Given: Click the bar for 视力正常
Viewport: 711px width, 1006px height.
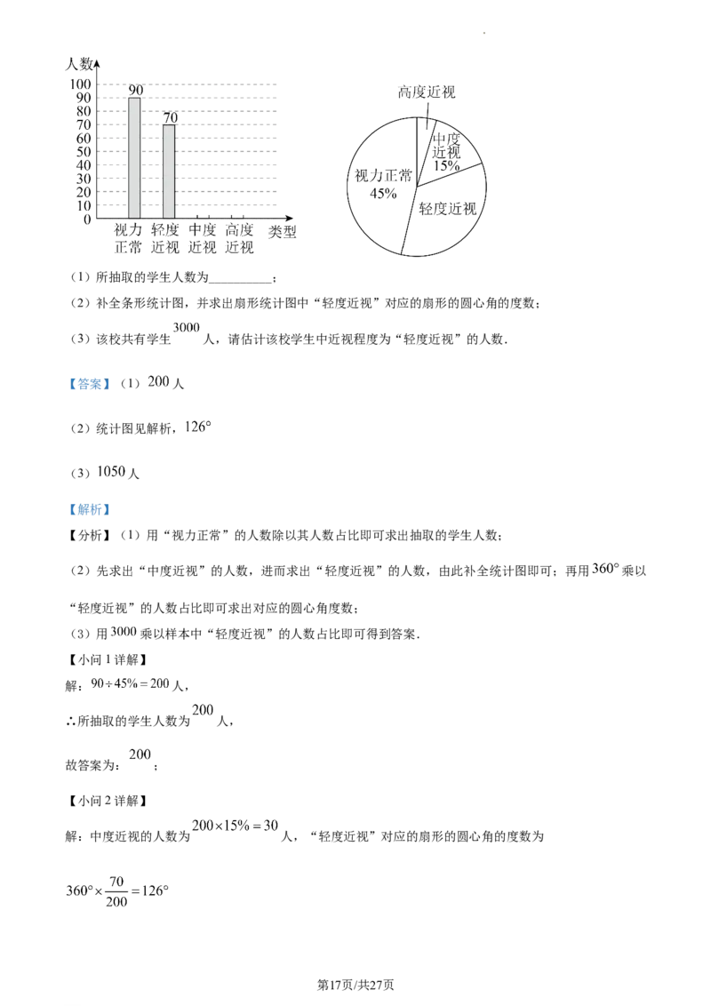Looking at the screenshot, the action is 134,158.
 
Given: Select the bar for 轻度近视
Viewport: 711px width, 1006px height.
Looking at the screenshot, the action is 169,172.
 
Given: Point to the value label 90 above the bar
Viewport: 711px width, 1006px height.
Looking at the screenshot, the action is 135,90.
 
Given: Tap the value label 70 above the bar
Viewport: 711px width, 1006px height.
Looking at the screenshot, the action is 170,117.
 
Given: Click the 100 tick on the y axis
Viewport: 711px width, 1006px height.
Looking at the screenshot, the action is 81,84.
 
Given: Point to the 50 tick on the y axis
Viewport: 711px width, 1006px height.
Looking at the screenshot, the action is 84,151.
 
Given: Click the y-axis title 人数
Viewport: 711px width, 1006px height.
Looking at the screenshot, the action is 80,63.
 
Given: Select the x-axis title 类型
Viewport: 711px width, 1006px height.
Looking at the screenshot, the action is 283,232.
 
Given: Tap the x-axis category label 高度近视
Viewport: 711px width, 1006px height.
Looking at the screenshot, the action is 239,238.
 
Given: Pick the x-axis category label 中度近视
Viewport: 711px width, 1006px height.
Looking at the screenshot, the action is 203,238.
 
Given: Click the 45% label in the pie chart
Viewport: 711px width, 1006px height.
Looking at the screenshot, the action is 383,193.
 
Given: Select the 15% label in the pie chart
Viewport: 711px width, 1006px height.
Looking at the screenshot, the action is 446,165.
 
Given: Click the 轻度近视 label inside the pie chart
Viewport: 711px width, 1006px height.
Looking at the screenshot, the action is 448,209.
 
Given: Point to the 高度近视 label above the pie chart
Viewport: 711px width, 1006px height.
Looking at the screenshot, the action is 427,92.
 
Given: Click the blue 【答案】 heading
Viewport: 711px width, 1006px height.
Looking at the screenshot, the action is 89,384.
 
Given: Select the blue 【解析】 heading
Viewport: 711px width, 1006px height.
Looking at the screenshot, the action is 89,509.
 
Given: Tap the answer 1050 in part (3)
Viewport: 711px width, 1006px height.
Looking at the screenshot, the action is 111,472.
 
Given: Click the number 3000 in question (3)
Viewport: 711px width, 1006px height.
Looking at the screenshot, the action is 187,327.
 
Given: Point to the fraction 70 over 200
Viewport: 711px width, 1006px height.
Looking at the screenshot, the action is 116,891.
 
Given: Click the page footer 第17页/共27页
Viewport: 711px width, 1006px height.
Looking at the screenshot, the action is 355,984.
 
